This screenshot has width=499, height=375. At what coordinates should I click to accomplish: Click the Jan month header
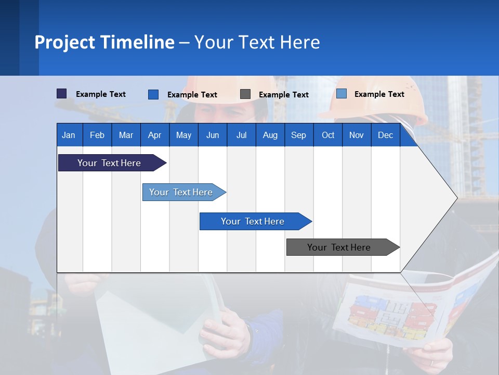[x=69, y=135]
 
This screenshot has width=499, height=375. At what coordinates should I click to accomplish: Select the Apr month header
[x=154, y=135]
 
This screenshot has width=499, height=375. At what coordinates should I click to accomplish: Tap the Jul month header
[x=241, y=135]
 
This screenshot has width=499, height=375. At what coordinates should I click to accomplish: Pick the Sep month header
[x=298, y=135]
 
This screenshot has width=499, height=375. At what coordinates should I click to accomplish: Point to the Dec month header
[x=385, y=135]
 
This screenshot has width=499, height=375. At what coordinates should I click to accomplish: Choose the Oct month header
[x=328, y=135]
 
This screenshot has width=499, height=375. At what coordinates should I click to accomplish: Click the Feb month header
[x=97, y=135]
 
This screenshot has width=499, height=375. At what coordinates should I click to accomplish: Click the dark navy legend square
[x=61, y=94]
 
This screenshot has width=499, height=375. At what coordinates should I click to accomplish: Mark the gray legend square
[x=245, y=94]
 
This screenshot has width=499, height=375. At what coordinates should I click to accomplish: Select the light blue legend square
[x=341, y=94]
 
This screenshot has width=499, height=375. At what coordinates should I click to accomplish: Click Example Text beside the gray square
[x=283, y=95]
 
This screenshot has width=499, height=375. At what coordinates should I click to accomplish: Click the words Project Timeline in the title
[x=104, y=42]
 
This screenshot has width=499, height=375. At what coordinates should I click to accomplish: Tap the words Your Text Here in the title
[x=257, y=42]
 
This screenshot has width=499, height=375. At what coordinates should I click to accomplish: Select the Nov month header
[x=357, y=135]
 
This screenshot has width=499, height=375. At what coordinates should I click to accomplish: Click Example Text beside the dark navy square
[x=101, y=94]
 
